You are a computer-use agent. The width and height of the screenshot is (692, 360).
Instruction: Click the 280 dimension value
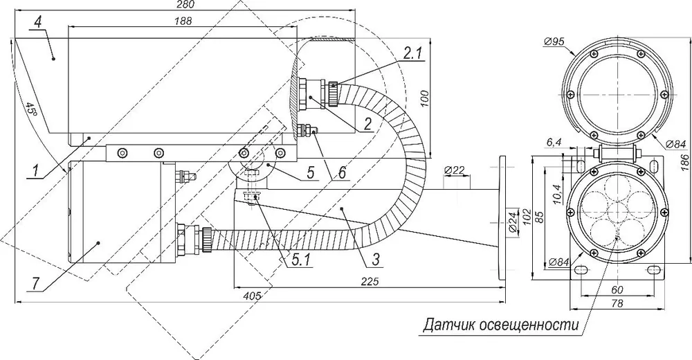pos(185,4)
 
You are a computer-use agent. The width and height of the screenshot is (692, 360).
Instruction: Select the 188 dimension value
pos(183,21)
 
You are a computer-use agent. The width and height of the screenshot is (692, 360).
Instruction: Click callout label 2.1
pos(412,54)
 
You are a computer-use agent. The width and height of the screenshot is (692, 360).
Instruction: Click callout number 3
pos(375,260)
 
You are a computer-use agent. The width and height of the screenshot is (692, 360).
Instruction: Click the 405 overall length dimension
pos(253,295)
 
